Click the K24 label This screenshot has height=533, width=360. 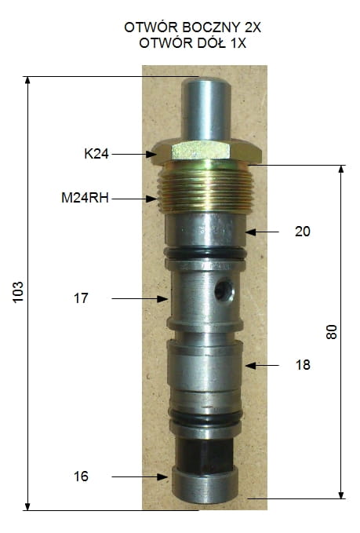pos(96,154)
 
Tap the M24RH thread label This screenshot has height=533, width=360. pos(85,198)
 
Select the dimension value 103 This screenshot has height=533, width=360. pos(18,292)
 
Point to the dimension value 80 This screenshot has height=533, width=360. pos(332,332)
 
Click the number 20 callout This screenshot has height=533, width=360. pos(302,232)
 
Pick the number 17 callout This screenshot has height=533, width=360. pos(81,298)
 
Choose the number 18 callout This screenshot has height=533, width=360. pos(303,365)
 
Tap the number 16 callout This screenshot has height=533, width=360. pos(81,476)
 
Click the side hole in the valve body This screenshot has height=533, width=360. pos(224,290)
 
